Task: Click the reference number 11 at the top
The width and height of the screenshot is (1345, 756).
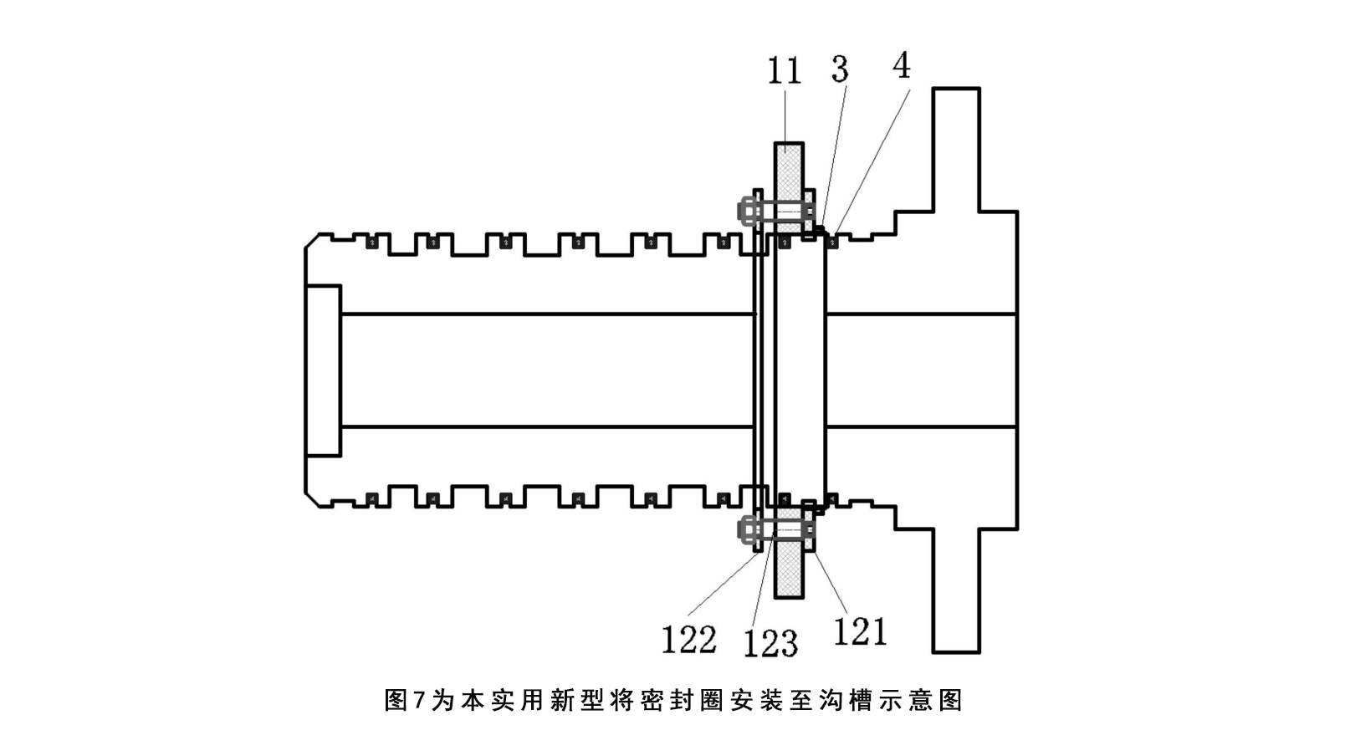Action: [x=785, y=71]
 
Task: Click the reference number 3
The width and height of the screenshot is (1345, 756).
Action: [x=840, y=69]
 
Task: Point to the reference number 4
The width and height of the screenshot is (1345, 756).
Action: [x=901, y=65]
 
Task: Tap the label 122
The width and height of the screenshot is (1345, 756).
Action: [x=689, y=641]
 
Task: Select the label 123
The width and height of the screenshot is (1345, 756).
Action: [x=770, y=643]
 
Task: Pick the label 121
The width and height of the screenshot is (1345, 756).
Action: [x=859, y=632]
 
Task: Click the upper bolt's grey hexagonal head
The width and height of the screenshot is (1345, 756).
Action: [x=748, y=211]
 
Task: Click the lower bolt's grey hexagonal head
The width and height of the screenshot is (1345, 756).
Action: [x=748, y=529]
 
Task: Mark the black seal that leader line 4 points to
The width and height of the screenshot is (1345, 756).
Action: [x=832, y=243]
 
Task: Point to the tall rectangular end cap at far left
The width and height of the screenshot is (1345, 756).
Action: [x=323, y=370]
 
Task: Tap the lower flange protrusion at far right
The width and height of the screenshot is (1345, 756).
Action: [x=956, y=590]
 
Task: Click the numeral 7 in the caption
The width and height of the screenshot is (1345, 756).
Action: [x=419, y=700]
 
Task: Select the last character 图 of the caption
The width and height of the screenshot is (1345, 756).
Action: [x=951, y=700]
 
